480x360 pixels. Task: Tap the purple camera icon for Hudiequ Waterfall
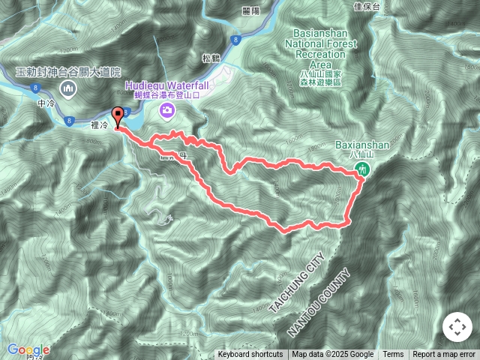(166, 111)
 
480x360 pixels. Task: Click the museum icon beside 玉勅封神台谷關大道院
(69, 90)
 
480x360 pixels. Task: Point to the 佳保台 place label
(366, 7)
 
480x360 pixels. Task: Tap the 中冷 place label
(46, 103)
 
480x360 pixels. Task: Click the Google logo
(28, 349)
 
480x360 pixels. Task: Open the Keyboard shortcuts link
(250, 355)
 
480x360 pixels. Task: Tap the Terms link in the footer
(393, 355)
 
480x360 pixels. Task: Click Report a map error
(444, 355)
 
